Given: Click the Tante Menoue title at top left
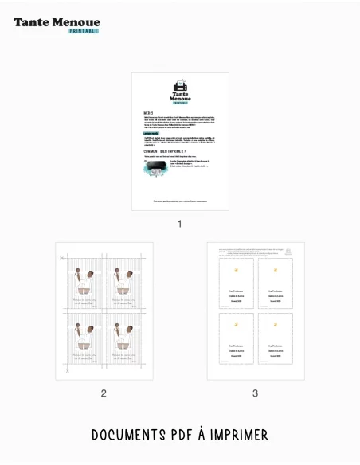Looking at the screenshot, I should pyautogui.click(x=57, y=22).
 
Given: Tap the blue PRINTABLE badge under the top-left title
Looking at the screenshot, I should pyautogui.click(x=84, y=31).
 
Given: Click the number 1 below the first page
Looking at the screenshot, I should pyautogui.click(x=179, y=224).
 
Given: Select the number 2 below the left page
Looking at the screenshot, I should pyautogui.click(x=104, y=393).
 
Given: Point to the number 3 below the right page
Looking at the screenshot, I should pyautogui.click(x=255, y=393).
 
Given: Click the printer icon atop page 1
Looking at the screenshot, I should pyautogui.click(x=180, y=84).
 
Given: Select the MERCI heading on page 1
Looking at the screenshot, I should pyautogui.click(x=148, y=113).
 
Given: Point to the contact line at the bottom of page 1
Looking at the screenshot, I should pyautogui.click(x=180, y=201).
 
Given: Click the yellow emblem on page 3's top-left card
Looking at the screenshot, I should pyautogui.click(x=236, y=270).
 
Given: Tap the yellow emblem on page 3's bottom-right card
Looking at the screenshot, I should pyautogui.click(x=276, y=326).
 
